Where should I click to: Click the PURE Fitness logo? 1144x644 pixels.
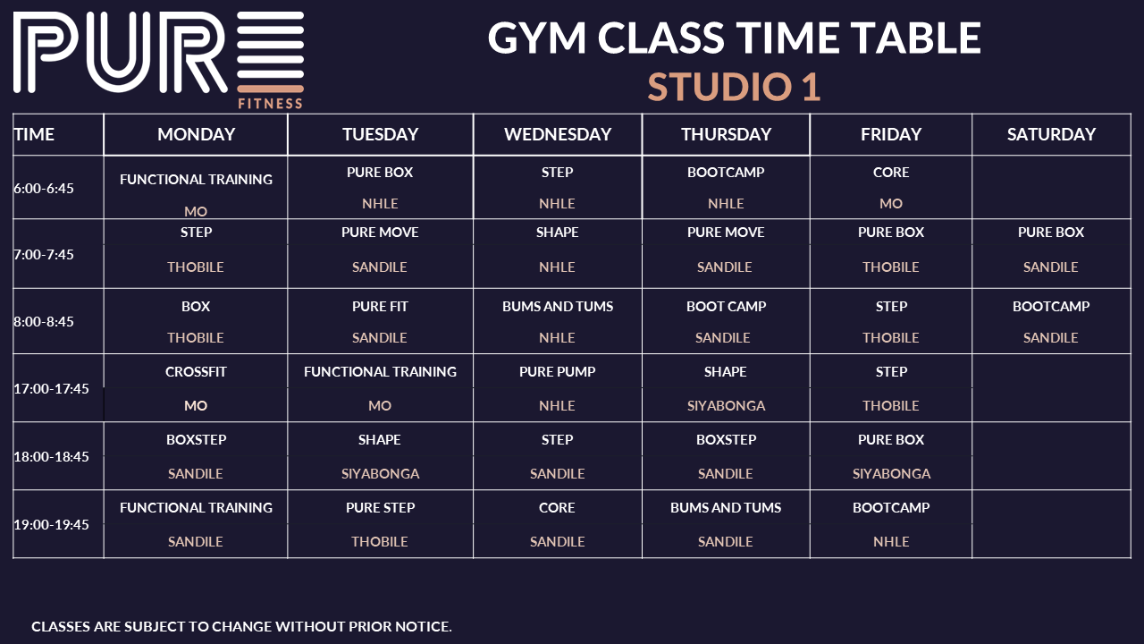pyautogui.click(x=158, y=60)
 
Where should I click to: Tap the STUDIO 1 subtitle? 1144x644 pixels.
pyautogui.click(x=734, y=87)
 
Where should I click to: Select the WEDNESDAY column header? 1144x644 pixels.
pyautogui.click(x=558, y=134)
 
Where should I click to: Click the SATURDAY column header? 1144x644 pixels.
pyautogui.click(x=1051, y=134)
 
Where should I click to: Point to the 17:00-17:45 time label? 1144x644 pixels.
pyautogui.click(x=51, y=389)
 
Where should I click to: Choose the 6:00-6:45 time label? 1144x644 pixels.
pyautogui.click(x=44, y=189)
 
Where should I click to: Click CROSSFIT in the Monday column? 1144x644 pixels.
pyautogui.click(x=196, y=371)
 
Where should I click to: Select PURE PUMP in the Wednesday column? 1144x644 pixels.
pyautogui.click(x=557, y=371)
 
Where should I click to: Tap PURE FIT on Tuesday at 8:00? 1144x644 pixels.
pyautogui.click(x=380, y=307)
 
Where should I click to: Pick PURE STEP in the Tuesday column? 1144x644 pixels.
pyautogui.click(x=380, y=507)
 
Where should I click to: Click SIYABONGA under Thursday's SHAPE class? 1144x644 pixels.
pyautogui.click(x=726, y=406)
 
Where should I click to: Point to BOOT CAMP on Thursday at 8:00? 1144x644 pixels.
pyautogui.click(x=726, y=307)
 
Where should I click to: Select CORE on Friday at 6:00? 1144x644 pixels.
pyautogui.click(x=891, y=173)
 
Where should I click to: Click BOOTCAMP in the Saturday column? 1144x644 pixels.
pyautogui.click(x=1051, y=307)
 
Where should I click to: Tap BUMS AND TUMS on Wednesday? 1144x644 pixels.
pyautogui.click(x=557, y=307)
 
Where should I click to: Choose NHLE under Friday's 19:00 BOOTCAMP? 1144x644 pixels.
pyautogui.click(x=891, y=542)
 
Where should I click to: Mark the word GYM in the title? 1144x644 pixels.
pyautogui.click(x=537, y=38)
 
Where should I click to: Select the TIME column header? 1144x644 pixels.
pyautogui.click(x=34, y=134)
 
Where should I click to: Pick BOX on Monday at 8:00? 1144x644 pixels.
pyautogui.click(x=196, y=307)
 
